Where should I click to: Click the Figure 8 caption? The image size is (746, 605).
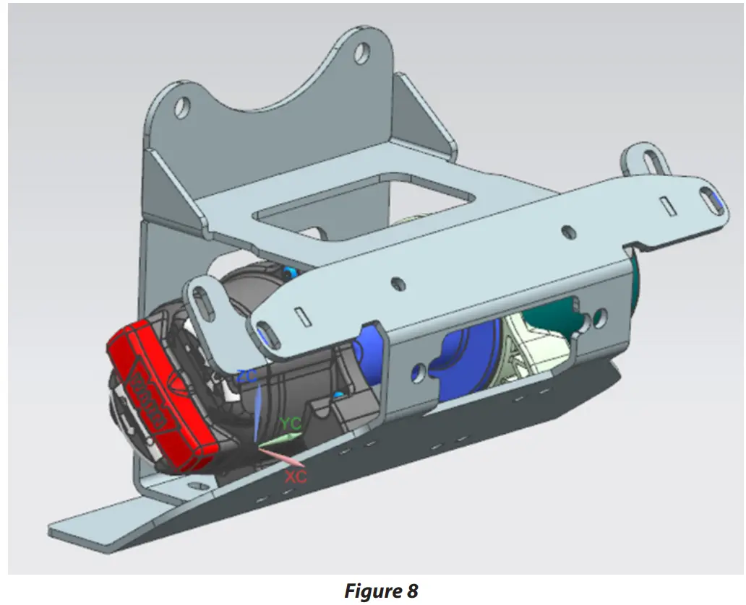tap(381, 591)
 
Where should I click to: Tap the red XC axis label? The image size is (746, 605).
tap(296, 476)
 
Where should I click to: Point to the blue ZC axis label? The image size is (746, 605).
tap(246, 375)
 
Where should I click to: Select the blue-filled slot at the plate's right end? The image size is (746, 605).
tap(712, 199)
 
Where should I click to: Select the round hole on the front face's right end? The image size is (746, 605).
tap(600, 316)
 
